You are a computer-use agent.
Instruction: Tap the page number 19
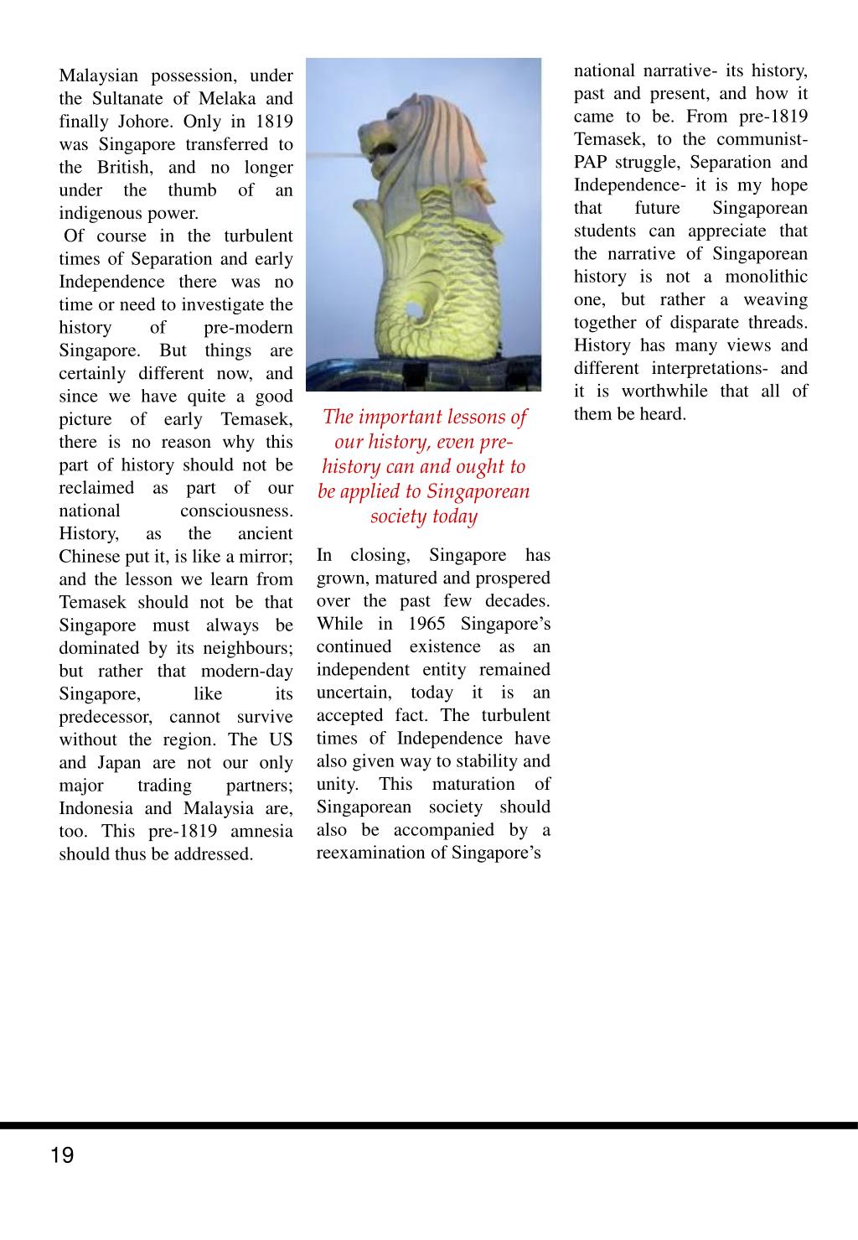coord(62,1155)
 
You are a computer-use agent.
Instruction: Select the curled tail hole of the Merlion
coord(413,311)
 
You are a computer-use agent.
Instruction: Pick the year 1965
coord(426,624)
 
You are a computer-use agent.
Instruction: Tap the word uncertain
coord(353,693)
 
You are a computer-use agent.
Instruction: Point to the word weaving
coord(774,299)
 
